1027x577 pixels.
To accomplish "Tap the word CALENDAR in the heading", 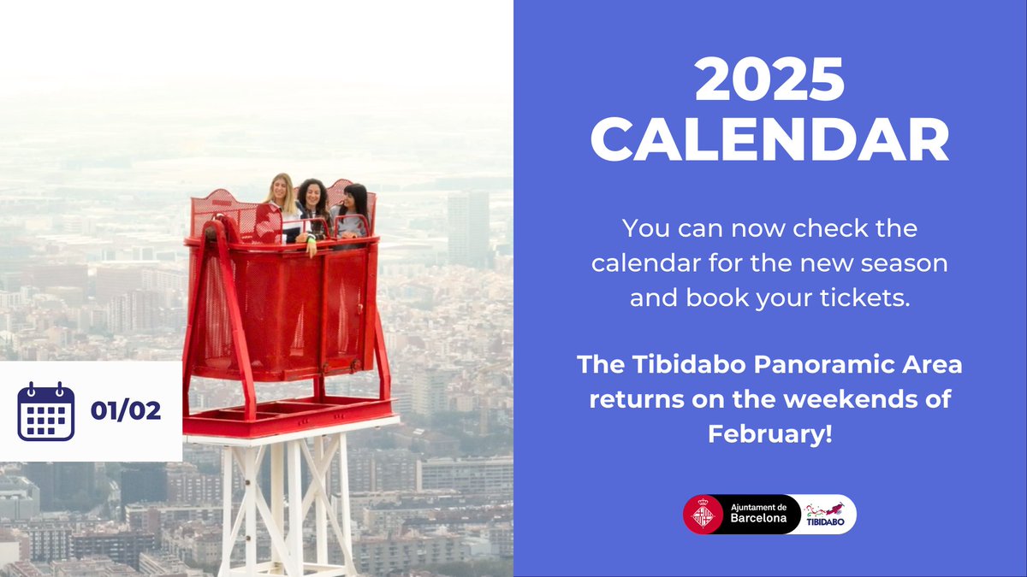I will pyautogui.click(x=769, y=142).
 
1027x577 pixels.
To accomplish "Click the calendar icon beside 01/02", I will pyautogui.click(x=46, y=411).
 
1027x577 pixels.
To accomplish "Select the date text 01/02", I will pyautogui.click(x=126, y=411).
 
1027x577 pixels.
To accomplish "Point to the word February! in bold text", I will pyautogui.click(x=769, y=433).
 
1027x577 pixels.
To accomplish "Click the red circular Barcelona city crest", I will pyautogui.click(x=703, y=515).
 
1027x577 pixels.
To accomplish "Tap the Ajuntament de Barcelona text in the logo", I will pyautogui.click(x=758, y=515).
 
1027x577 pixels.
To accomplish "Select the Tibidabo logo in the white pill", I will pyautogui.click(x=827, y=515).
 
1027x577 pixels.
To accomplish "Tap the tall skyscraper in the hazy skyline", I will pyautogui.click(x=468, y=227).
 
